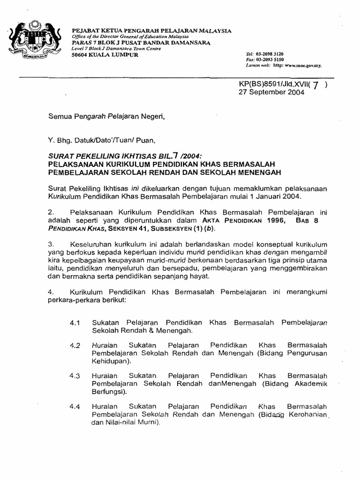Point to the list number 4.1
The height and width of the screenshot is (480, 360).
coord(75,323)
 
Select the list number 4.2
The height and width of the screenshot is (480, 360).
coord(75,345)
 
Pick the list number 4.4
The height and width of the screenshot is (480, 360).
coord(75,406)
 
